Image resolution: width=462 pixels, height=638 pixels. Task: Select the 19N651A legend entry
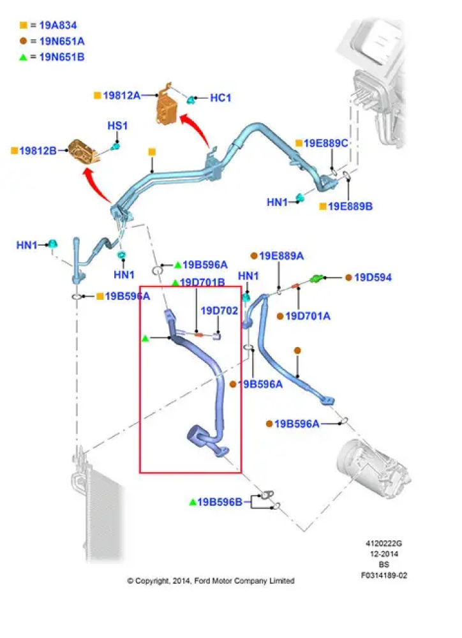[x=57, y=41]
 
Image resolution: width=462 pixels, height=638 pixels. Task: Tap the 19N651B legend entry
[x=57, y=57]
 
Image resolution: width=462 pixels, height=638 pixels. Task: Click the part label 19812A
[x=121, y=95]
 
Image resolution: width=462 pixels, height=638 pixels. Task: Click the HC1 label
[x=220, y=98]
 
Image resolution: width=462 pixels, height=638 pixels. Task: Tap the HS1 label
[x=117, y=126]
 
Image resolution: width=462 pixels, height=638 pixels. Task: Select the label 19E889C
[x=325, y=143]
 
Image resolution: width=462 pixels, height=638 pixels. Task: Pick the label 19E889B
[x=350, y=207]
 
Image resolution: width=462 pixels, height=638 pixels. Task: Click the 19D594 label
[x=373, y=278]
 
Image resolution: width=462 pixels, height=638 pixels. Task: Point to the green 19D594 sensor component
[x=317, y=279]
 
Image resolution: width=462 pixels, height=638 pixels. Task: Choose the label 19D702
[x=220, y=311]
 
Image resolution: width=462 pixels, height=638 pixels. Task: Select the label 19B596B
[x=220, y=502]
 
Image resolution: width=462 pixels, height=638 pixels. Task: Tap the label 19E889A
[x=281, y=256]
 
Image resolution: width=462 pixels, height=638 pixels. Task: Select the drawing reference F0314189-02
[x=385, y=575]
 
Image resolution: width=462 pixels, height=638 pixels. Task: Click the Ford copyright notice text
[x=211, y=581]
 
